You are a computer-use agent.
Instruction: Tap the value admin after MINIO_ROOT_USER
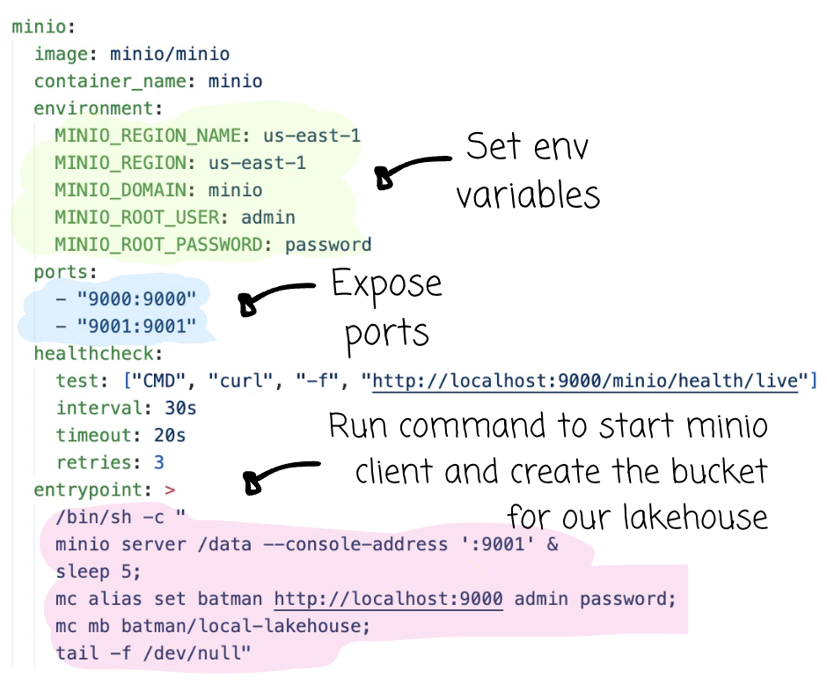[268, 217]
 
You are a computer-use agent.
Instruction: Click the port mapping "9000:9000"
[136, 299]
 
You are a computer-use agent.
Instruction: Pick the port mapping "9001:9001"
[136, 327]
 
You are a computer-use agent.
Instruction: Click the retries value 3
[158, 462]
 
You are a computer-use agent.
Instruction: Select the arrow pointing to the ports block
[274, 297]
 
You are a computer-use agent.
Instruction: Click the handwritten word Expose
[386, 284]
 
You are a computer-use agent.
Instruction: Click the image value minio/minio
[169, 55]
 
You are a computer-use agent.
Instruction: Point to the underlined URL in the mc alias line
[388, 599]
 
